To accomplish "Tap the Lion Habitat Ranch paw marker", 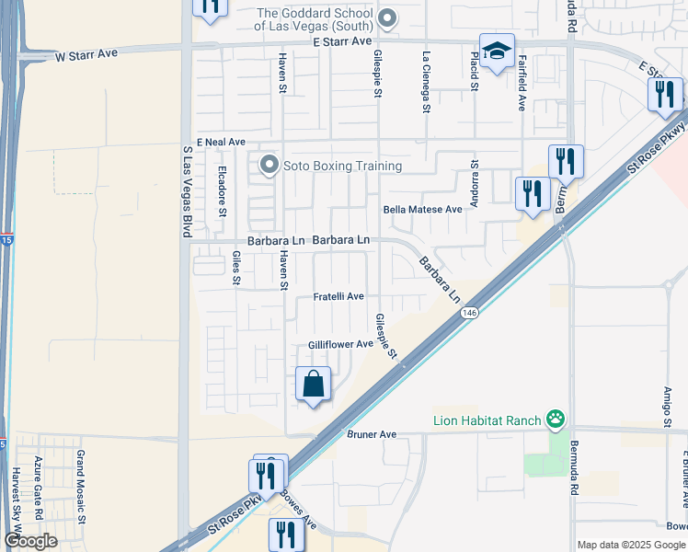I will pyautogui.click(x=556, y=421).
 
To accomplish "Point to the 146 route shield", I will pyautogui.click(x=470, y=313).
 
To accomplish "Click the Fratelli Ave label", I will pyautogui.click(x=339, y=296).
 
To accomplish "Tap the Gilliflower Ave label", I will pyautogui.click(x=340, y=344).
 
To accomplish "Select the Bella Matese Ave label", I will pyautogui.click(x=423, y=210).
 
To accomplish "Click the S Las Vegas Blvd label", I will pyautogui.click(x=187, y=189).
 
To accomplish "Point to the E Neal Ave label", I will pyautogui.click(x=220, y=142).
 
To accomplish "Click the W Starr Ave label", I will pyautogui.click(x=86, y=55).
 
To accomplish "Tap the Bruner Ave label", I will pyautogui.click(x=371, y=433).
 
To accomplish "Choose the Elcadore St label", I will pyautogui.click(x=222, y=191).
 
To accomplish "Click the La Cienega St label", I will pyautogui.click(x=426, y=81).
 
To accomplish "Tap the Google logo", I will pyautogui.click(x=31, y=541).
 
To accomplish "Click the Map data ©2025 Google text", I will pyautogui.click(x=632, y=545).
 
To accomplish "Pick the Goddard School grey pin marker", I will pyautogui.click(x=387, y=18).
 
